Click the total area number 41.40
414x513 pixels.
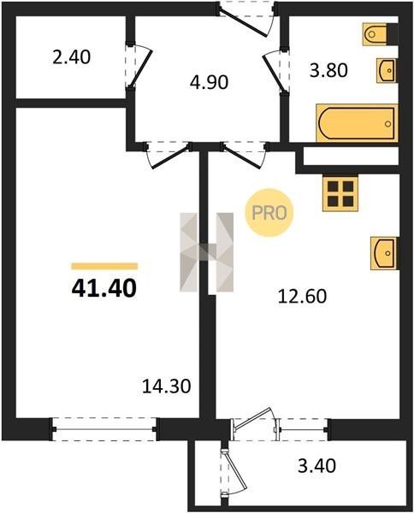tap(103, 289)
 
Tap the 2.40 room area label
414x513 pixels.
tap(71, 57)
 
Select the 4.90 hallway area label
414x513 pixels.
tap(209, 82)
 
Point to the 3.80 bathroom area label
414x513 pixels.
tap(328, 70)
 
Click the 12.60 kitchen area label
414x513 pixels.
tap(303, 297)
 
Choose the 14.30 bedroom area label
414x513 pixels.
tap(167, 386)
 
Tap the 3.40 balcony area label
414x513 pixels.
tap(316, 466)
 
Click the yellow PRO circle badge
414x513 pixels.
tap(269, 213)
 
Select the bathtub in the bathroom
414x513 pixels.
tap(357, 123)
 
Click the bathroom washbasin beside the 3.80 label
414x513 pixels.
tap(387, 70)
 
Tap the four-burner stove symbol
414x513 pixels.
tap(340, 193)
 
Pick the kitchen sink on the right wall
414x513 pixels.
tap(384, 254)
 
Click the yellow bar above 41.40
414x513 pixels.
tap(104, 266)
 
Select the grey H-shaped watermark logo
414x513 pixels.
tap(206, 252)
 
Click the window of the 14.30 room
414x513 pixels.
tap(104, 429)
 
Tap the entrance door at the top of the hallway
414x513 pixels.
tap(248, 18)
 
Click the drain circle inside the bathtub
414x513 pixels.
tap(388, 124)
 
